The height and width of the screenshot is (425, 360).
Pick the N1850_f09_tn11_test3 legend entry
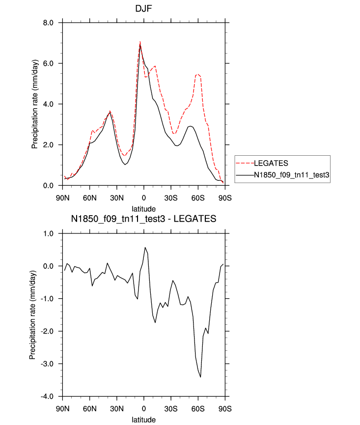click(x=290, y=174)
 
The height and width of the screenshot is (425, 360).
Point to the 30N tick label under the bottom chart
click(x=117, y=408)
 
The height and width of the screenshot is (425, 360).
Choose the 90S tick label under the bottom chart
click(x=225, y=408)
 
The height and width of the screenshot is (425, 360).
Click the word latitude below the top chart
click(x=143, y=209)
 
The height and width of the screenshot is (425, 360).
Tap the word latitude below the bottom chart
click(x=143, y=420)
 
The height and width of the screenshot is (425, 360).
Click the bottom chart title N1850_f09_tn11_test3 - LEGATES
click(x=143, y=219)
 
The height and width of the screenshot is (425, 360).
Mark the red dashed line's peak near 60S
click(x=197, y=74)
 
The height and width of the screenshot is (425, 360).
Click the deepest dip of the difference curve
click(x=200, y=377)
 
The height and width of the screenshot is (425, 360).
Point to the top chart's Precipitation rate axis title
click(x=34, y=104)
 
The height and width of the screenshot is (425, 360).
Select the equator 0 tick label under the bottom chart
click(x=144, y=408)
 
